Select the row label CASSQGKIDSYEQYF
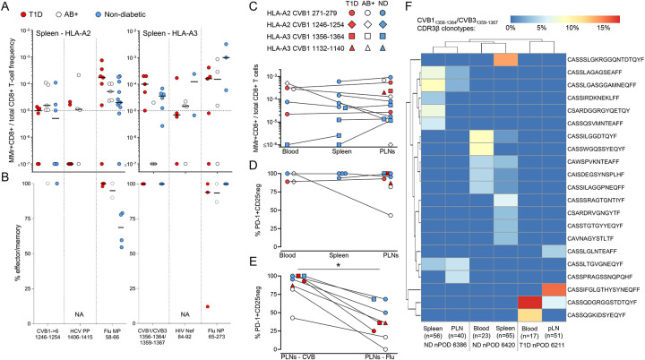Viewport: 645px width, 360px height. click(x=597, y=315)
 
